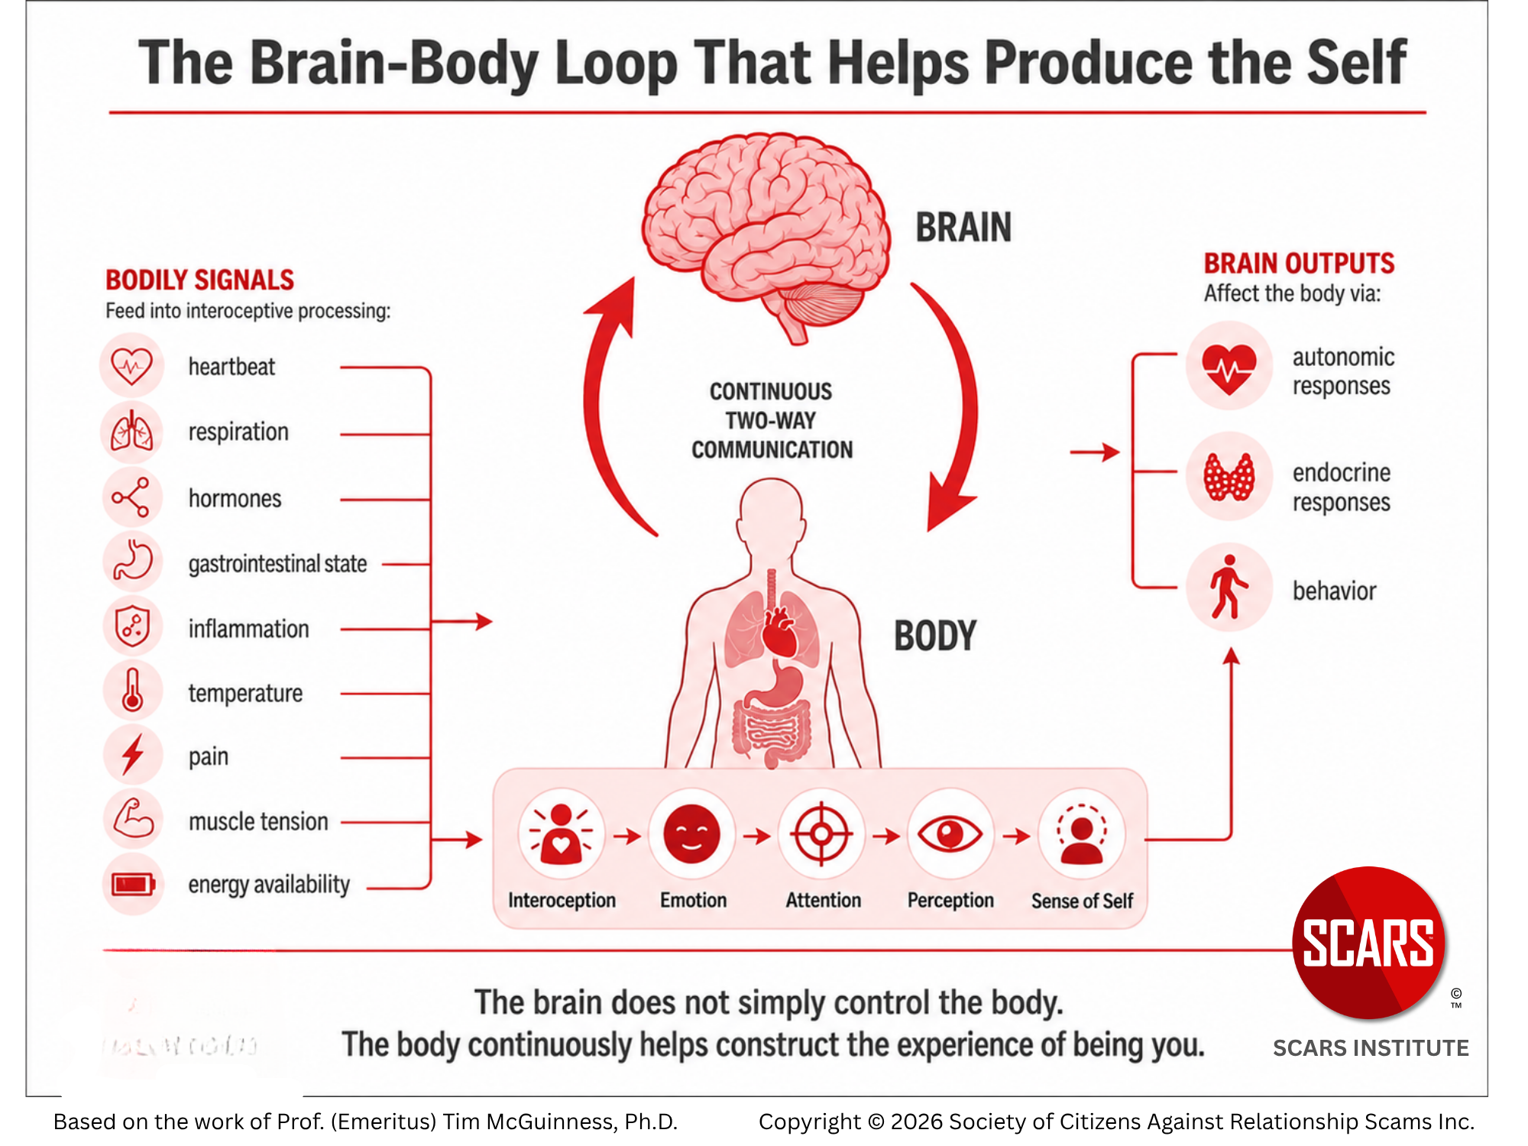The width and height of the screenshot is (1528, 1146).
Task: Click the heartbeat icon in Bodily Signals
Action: (x=131, y=366)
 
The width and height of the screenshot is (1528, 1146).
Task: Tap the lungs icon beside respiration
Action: (x=131, y=431)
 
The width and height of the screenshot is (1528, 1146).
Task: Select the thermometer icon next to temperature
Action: (x=132, y=690)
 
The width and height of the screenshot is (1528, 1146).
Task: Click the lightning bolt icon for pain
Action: (x=133, y=755)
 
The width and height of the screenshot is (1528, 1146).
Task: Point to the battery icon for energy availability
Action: (x=133, y=885)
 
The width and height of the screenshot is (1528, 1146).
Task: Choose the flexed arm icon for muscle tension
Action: (x=133, y=818)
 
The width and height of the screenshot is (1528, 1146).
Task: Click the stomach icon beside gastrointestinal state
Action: (x=132, y=561)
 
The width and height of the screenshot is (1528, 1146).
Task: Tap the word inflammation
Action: (x=249, y=629)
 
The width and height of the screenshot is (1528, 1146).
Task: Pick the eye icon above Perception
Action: (x=950, y=834)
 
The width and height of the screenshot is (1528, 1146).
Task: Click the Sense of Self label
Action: (x=1082, y=901)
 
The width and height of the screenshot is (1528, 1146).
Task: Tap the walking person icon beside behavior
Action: (x=1228, y=587)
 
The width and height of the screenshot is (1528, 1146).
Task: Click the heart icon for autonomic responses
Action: (x=1229, y=367)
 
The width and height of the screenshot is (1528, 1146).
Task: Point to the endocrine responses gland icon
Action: (x=1229, y=477)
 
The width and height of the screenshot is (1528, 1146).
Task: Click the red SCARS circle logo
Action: (x=1368, y=943)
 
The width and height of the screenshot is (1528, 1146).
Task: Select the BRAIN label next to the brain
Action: (x=963, y=228)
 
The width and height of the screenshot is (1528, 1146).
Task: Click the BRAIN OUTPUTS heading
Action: (x=1299, y=264)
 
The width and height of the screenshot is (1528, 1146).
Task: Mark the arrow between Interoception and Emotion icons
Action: (x=627, y=836)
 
